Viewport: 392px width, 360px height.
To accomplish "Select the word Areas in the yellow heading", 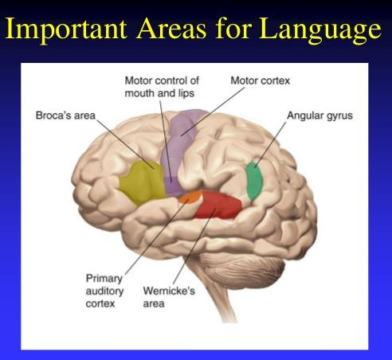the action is tap(171, 28).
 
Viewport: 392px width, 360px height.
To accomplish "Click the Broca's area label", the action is tap(65, 115).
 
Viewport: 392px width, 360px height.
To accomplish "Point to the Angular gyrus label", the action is tap(319, 115).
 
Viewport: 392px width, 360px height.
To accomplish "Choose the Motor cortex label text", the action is tap(260, 80).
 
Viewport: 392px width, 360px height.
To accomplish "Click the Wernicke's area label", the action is tap(169, 297).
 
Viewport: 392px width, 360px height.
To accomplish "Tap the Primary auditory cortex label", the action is tap(104, 291).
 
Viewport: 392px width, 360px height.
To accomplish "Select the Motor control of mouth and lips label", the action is tap(162, 87).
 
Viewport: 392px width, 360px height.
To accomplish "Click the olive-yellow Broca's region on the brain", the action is tap(142, 182).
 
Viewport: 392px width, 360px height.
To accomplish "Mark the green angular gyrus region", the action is tap(254, 181).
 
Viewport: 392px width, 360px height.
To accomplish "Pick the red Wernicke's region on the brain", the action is tap(218, 205).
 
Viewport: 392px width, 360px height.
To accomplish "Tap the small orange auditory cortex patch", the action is tap(190, 197).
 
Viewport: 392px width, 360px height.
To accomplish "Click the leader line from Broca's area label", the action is tap(124, 144).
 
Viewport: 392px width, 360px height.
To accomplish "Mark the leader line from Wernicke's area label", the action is tap(194, 246).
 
